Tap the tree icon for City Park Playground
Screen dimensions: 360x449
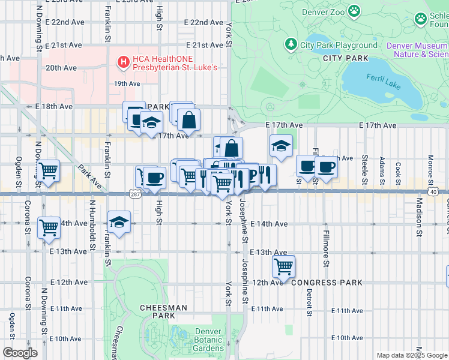[x=291, y=44]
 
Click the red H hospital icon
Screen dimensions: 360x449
[x=123, y=61]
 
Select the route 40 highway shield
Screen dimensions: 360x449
[x=433, y=191]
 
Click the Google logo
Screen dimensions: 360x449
[x=20, y=352]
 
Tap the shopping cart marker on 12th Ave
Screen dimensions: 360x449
[x=283, y=265]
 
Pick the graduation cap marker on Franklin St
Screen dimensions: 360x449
[x=119, y=221]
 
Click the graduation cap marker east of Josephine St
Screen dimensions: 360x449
[x=280, y=145]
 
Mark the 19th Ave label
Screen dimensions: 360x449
[x=127, y=83]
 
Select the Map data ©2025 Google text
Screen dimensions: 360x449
[x=412, y=355]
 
